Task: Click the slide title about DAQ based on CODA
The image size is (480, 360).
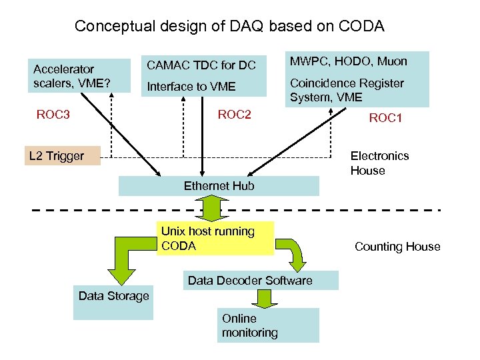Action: click(229, 27)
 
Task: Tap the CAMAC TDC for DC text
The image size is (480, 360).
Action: click(201, 65)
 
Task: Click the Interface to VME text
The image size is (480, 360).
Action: click(191, 86)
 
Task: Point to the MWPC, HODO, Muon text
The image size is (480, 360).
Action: click(348, 62)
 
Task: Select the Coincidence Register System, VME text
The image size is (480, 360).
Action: click(347, 90)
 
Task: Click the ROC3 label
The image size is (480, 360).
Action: click(53, 115)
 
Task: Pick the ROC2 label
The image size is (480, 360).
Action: click(235, 115)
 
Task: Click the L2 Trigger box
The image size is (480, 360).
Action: click(61, 156)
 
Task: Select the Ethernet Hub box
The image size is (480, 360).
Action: click(219, 186)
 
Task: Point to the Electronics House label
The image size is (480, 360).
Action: click(379, 163)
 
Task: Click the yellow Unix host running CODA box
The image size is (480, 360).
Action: click(215, 239)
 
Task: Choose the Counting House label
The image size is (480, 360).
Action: click(397, 247)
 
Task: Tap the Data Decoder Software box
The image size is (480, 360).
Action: click(260, 281)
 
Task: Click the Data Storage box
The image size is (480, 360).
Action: click(114, 296)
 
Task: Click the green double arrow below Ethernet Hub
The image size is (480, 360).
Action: click(215, 208)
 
